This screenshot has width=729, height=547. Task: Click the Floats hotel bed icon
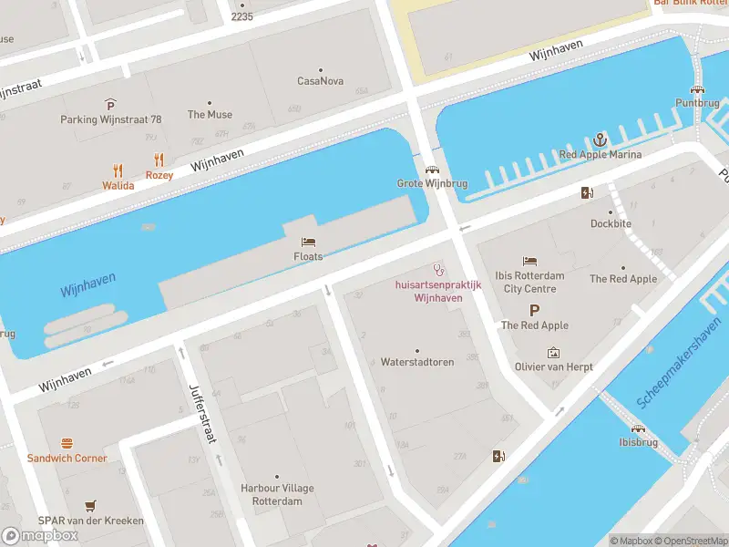click(308, 242)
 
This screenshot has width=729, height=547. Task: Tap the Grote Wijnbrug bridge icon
click(431, 169)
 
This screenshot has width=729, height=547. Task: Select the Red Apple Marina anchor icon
click(600, 139)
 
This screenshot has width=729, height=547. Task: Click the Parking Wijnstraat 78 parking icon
click(110, 104)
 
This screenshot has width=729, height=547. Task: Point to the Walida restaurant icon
click(118, 170)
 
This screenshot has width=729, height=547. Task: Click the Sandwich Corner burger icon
click(67, 443)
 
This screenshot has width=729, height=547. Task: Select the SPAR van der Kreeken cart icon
click(90, 505)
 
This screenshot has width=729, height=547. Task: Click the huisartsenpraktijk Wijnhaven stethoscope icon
click(438, 269)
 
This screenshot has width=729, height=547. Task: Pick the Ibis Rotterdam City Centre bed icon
click(529, 262)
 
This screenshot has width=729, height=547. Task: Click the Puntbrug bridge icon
click(697, 88)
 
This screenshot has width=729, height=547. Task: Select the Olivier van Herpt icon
click(553, 353)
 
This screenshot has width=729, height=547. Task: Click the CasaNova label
click(321, 81)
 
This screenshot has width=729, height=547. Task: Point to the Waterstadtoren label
click(417, 362)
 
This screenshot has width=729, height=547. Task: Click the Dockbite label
click(611, 223)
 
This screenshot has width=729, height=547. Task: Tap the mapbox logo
click(40, 535)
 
